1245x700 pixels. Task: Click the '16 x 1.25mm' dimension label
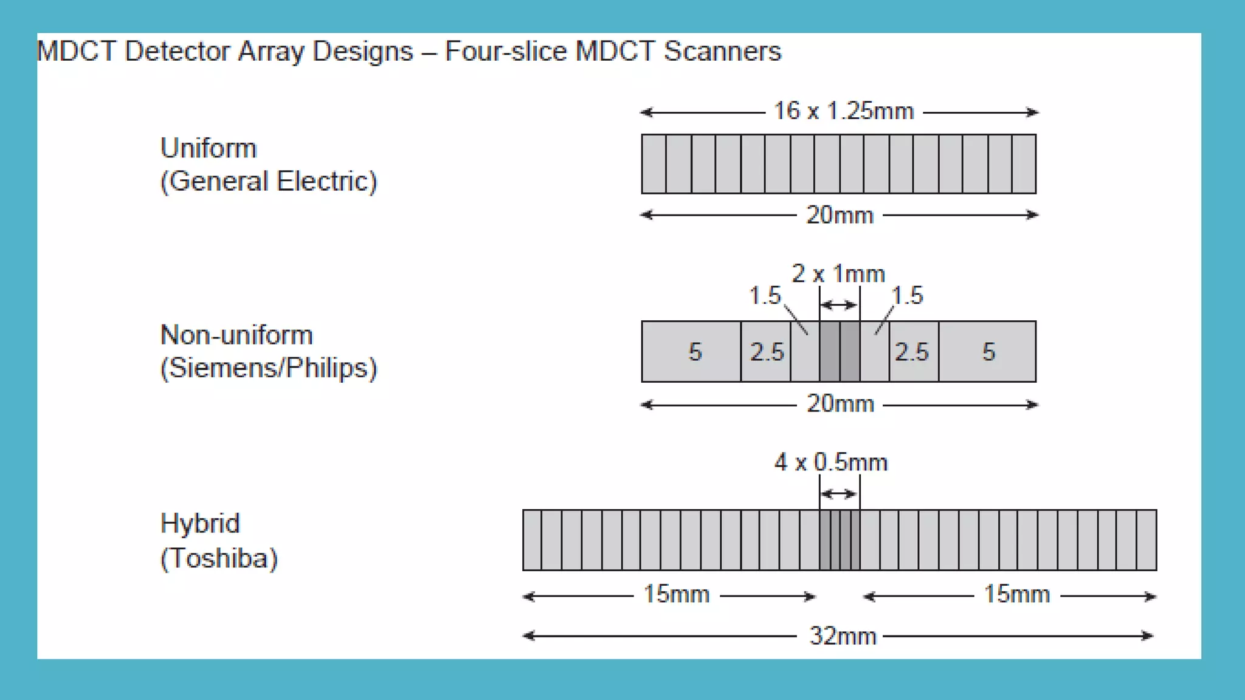pos(843,111)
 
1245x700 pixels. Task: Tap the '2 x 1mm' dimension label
pos(838,274)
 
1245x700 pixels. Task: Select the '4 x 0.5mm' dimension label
pos(830,463)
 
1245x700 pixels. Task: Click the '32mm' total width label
pos(843,636)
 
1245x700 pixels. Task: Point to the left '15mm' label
pos(676,594)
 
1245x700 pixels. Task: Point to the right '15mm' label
pos(1016,594)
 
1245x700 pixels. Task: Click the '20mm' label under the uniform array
pos(840,215)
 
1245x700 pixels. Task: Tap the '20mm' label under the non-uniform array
pos(840,404)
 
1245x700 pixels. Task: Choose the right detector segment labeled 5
pos(988,352)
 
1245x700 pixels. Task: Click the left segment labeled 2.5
pos(767,352)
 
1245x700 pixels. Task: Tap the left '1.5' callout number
pos(764,296)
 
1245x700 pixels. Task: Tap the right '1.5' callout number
pos(907,296)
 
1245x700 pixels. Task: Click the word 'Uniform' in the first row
pos(209,148)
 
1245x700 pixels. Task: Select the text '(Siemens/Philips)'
pos(268,368)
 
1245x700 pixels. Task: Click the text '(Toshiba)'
pos(219,558)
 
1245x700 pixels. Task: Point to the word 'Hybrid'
pos(200,523)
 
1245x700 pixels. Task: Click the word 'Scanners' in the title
pos(722,51)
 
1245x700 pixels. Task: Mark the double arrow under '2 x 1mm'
pos(839,305)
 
